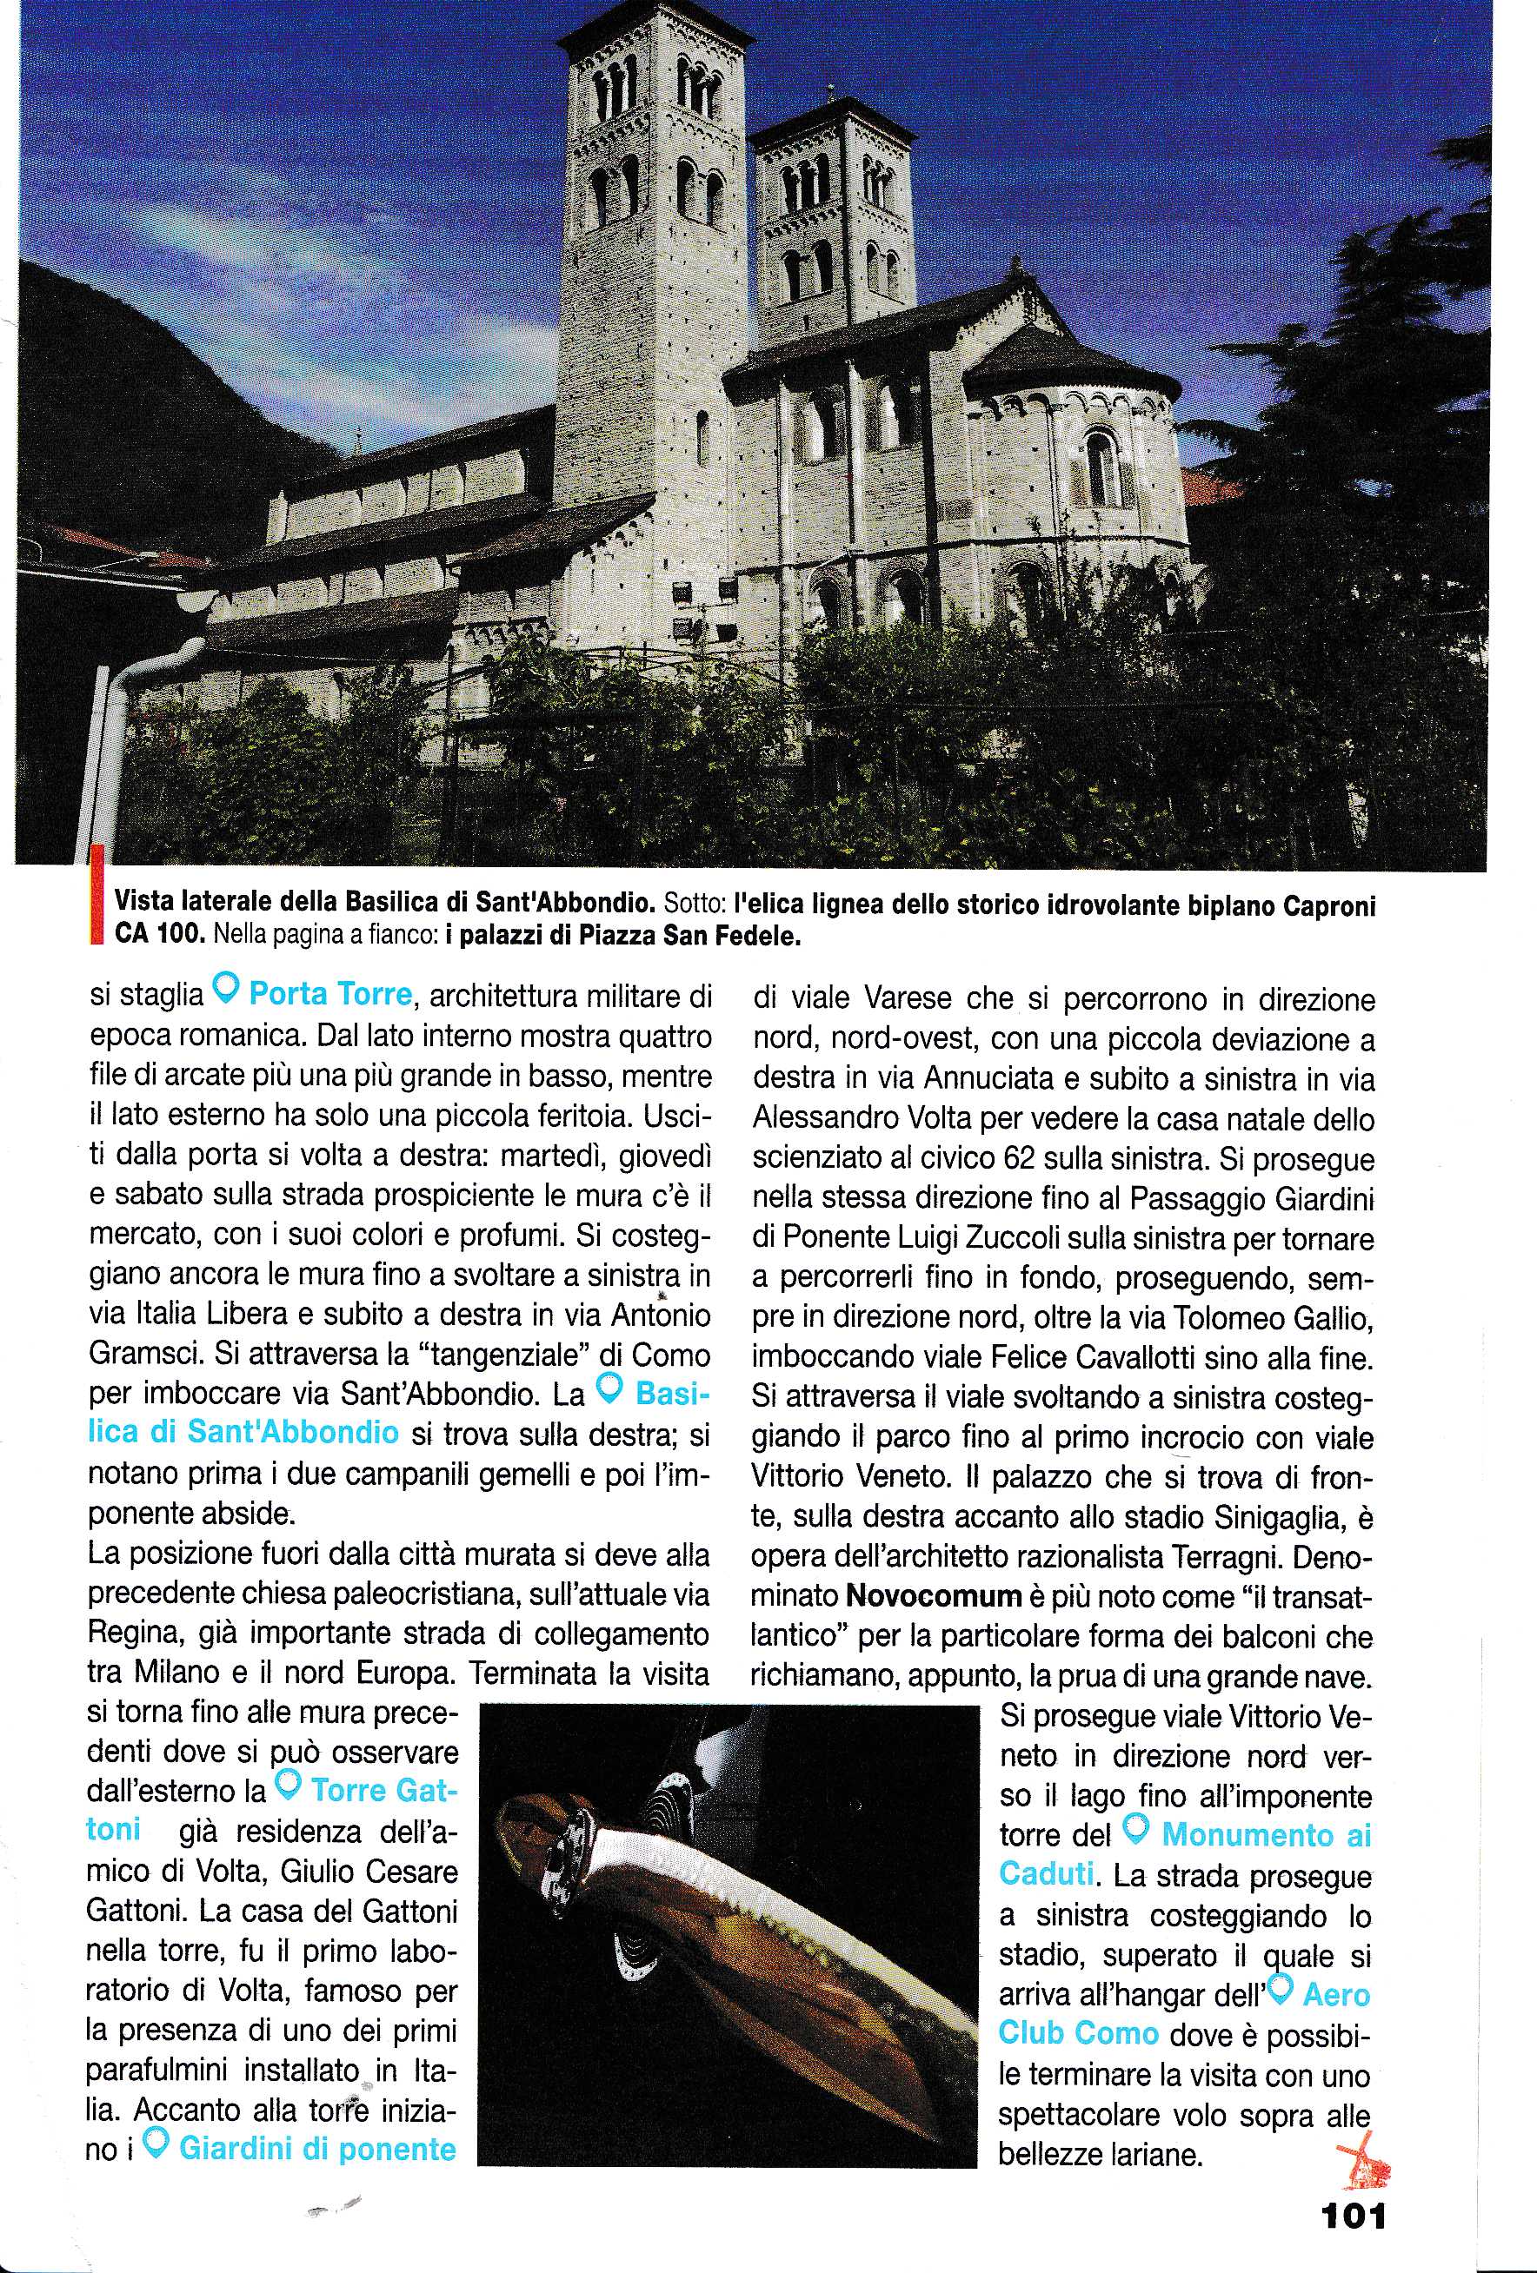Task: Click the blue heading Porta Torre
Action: pyautogui.click(x=329, y=995)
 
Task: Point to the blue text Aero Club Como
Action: pyautogui.click(x=1184, y=2031)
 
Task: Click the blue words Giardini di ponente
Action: pyautogui.click(x=319, y=2147)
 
